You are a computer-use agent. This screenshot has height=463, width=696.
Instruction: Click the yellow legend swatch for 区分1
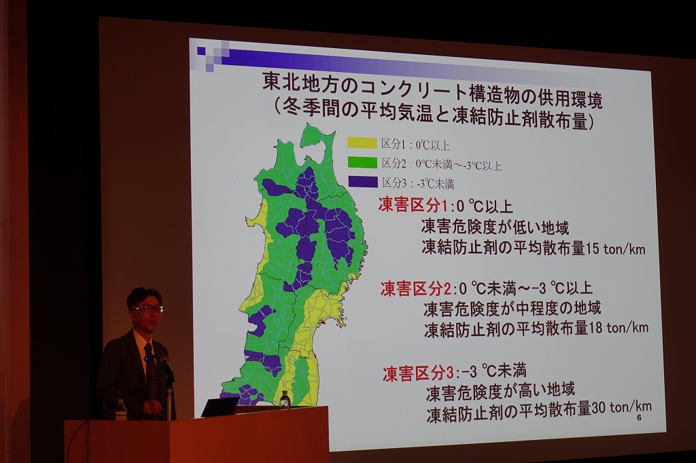362,143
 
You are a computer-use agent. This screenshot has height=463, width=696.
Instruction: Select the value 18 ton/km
619,328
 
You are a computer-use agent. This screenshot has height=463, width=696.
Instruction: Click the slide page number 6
639,418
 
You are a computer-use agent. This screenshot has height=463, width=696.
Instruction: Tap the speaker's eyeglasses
149,308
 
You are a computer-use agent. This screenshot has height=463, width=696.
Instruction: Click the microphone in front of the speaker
167,367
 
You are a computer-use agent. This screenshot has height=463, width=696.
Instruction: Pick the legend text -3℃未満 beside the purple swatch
436,183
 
